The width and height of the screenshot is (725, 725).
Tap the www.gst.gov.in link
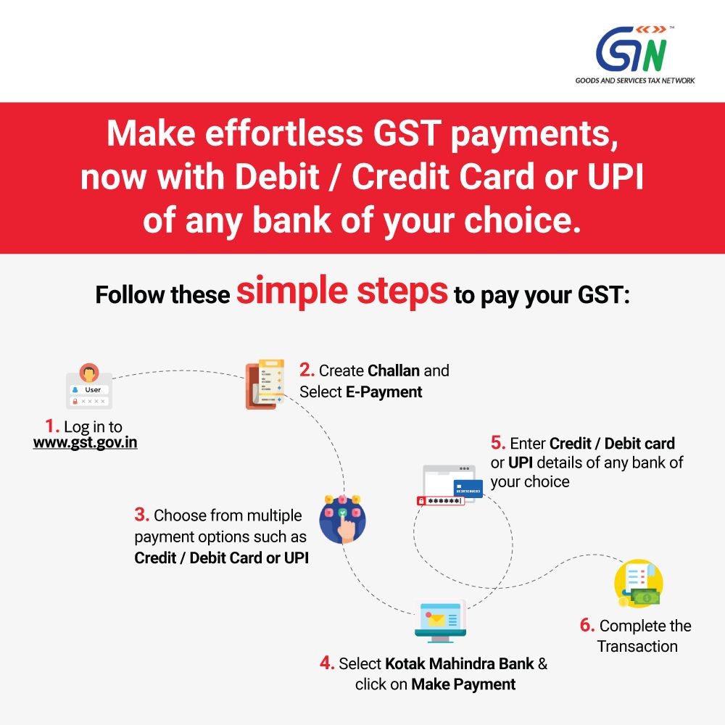[85, 442]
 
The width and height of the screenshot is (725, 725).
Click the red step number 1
[51, 426]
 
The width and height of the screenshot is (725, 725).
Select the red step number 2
[307, 370]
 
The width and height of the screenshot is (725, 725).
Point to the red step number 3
[142, 516]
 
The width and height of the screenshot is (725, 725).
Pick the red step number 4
[327, 663]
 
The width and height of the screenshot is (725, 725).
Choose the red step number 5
[498, 443]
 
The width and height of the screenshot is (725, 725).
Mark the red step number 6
[587, 626]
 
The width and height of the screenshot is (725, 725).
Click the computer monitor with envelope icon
[441, 621]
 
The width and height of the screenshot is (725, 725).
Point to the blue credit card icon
[468, 489]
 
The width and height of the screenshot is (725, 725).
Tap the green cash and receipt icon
[638, 584]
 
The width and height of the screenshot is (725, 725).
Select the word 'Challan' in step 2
[394, 370]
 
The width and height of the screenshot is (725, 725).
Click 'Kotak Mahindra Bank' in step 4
[460, 663]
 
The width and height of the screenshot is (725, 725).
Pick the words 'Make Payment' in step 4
[463, 684]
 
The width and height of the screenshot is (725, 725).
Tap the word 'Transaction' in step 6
[637, 646]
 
